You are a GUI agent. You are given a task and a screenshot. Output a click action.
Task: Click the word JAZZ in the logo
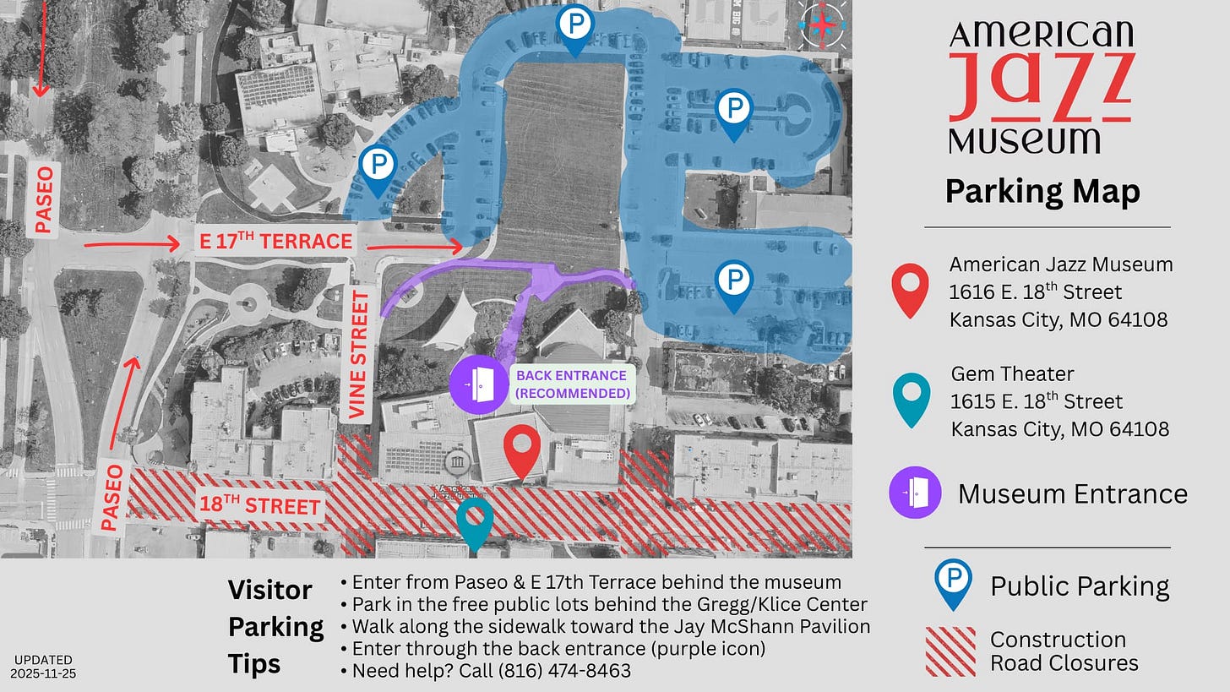1041,87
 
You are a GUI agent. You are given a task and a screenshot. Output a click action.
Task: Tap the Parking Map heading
1042,192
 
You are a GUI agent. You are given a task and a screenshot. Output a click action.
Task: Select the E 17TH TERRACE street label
275,242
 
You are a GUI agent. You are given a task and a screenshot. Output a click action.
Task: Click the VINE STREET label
361,355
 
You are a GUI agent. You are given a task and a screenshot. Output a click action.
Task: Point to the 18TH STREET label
260,506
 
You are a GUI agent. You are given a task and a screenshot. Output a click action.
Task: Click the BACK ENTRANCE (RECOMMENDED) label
572,384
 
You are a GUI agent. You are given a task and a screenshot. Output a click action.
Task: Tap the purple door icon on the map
479,385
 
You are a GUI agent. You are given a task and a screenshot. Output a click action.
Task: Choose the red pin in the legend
910,288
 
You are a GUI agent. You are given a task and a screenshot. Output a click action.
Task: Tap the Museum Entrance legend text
1072,493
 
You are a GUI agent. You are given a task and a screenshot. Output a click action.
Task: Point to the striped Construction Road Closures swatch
950,651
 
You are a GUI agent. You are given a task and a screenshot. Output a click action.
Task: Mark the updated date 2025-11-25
43,673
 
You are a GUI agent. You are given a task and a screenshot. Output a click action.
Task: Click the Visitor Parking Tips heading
275,626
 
